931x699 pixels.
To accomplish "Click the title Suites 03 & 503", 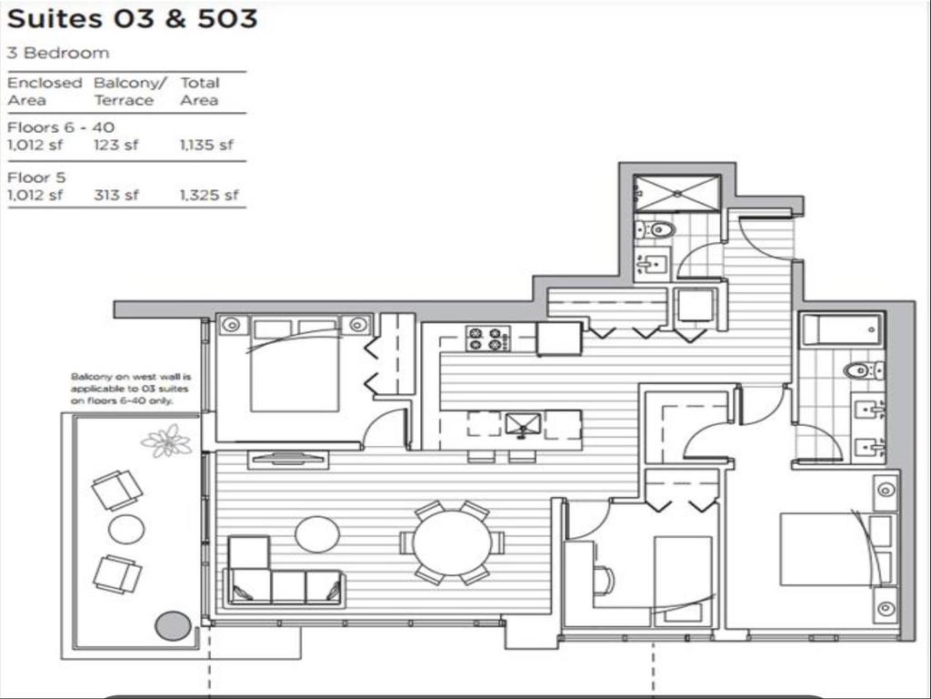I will pyautogui.click(x=132, y=19).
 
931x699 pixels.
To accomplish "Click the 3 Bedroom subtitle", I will pyautogui.click(x=57, y=53).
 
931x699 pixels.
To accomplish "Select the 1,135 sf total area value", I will pyautogui.click(x=206, y=145).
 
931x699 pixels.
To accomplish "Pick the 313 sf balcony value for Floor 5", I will pyautogui.click(x=116, y=194).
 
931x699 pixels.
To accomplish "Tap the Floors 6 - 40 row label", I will pyautogui.click(x=61, y=127).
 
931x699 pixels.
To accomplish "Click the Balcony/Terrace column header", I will pyautogui.click(x=130, y=91).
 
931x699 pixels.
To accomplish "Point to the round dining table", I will pyautogui.click(x=451, y=542).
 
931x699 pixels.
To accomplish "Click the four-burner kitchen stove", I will pyautogui.click(x=487, y=339).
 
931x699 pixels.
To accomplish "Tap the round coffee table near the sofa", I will pyautogui.click(x=317, y=534).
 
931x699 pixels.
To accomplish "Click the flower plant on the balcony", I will pyautogui.click(x=167, y=442).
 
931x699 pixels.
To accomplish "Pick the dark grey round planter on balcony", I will pyautogui.click(x=173, y=626).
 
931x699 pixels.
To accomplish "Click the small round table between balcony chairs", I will pyautogui.click(x=126, y=529).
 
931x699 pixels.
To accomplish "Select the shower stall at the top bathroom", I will pyautogui.click(x=677, y=193).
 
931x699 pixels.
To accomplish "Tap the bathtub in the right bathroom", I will pyautogui.click(x=842, y=329).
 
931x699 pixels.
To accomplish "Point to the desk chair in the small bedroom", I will pyautogui.click(x=604, y=580).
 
